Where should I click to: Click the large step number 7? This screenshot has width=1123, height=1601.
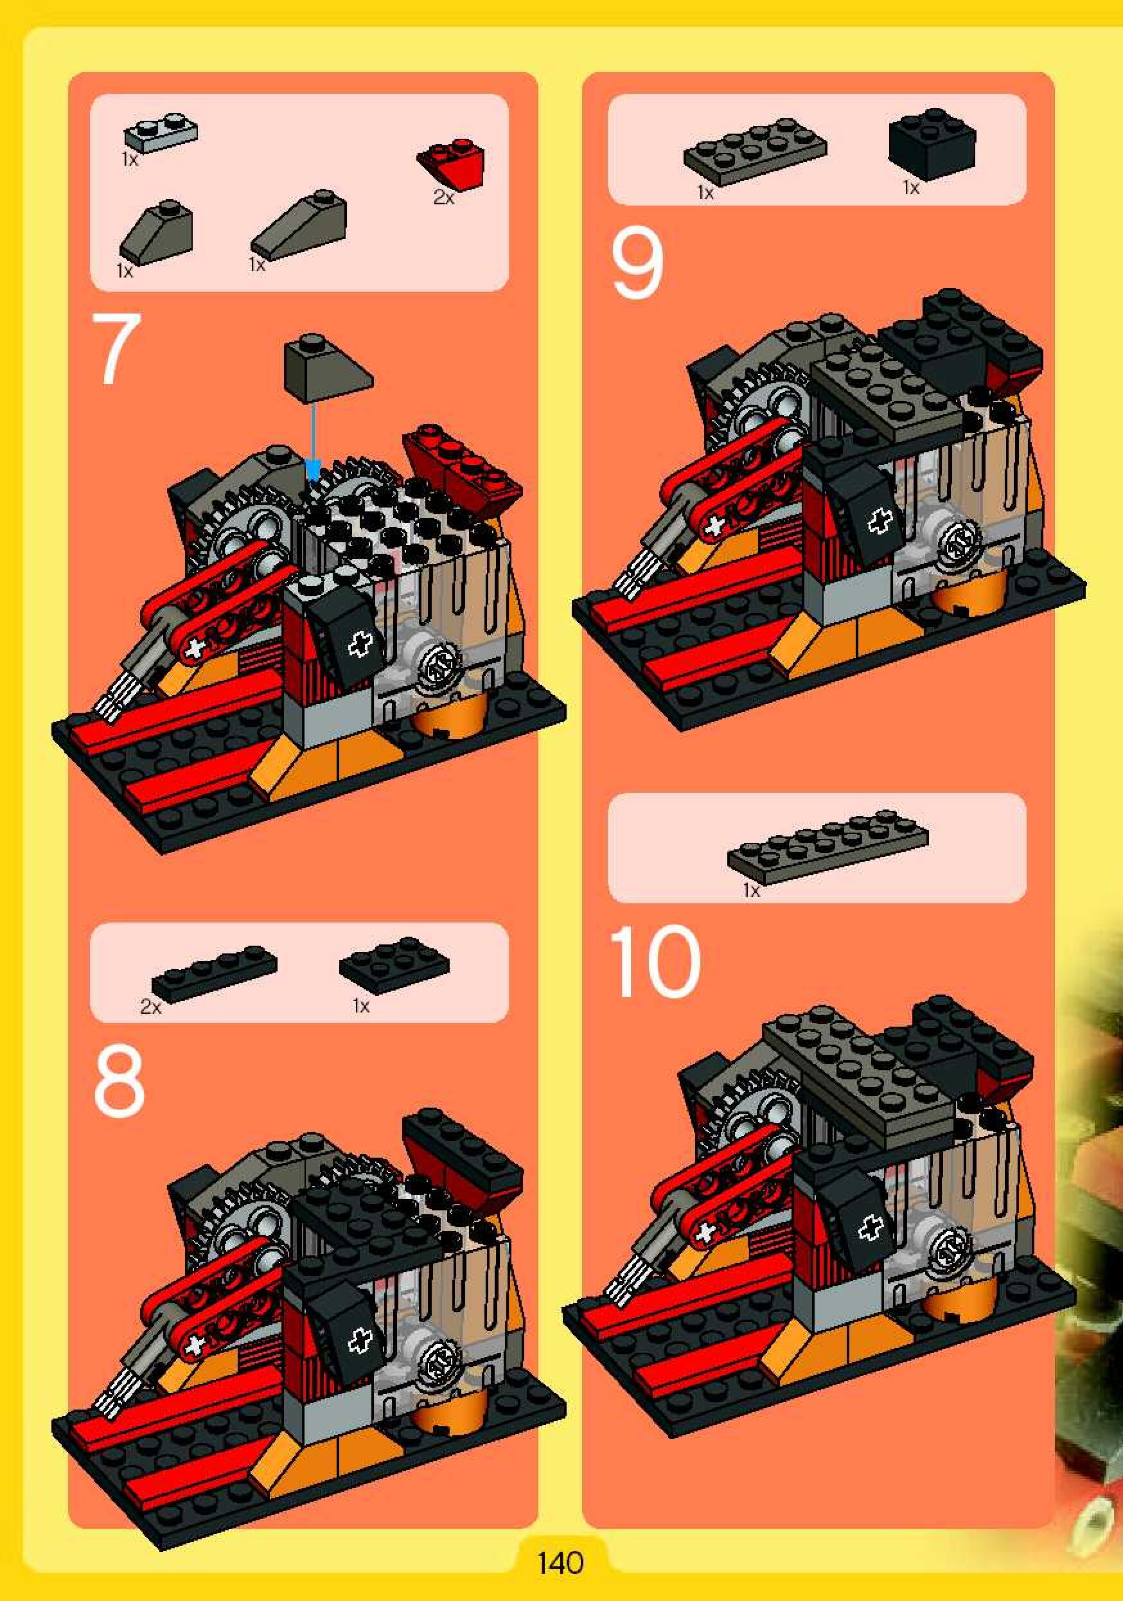[116, 349]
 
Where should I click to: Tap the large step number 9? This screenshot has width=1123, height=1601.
[637, 264]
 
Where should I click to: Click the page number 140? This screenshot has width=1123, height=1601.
[560, 1563]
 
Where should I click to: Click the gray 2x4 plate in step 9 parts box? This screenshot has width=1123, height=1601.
[755, 152]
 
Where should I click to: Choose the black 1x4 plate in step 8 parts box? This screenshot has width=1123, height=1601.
[214, 970]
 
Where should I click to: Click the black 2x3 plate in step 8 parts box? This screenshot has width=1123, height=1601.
[394, 965]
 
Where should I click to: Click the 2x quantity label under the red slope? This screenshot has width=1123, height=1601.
[443, 198]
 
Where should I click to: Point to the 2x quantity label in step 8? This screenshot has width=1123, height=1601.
[150, 1006]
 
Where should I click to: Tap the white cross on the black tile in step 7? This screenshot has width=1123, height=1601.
[360, 644]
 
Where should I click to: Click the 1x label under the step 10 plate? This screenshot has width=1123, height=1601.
[751, 890]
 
